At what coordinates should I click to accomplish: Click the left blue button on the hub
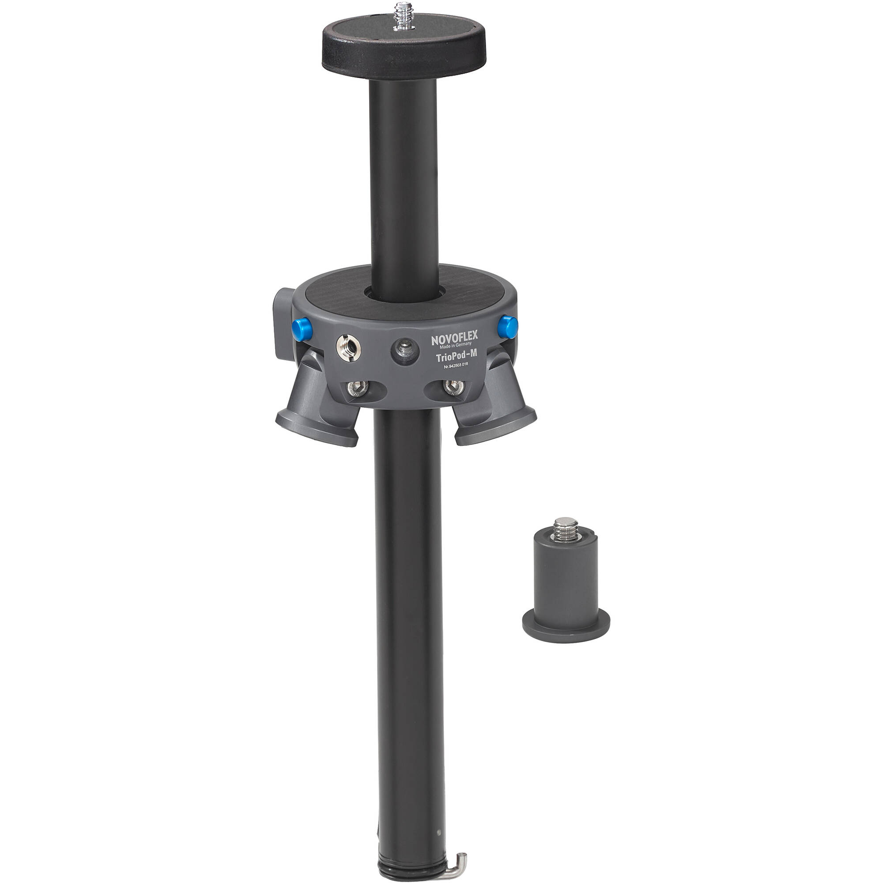tap(301, 328)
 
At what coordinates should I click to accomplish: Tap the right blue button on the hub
tap(508, 326)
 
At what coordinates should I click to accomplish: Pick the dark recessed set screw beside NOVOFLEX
tap(404, 351)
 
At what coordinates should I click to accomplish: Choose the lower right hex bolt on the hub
tap(454, 388)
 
